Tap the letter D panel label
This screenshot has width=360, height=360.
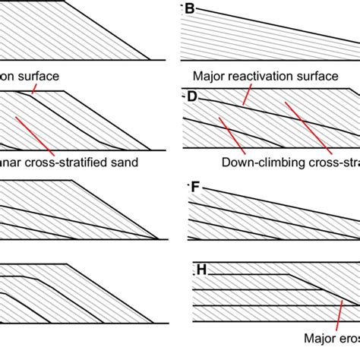click(191, 96)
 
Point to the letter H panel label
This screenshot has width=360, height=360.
click(201, 270)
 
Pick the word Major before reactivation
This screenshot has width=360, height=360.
click(210, 76)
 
